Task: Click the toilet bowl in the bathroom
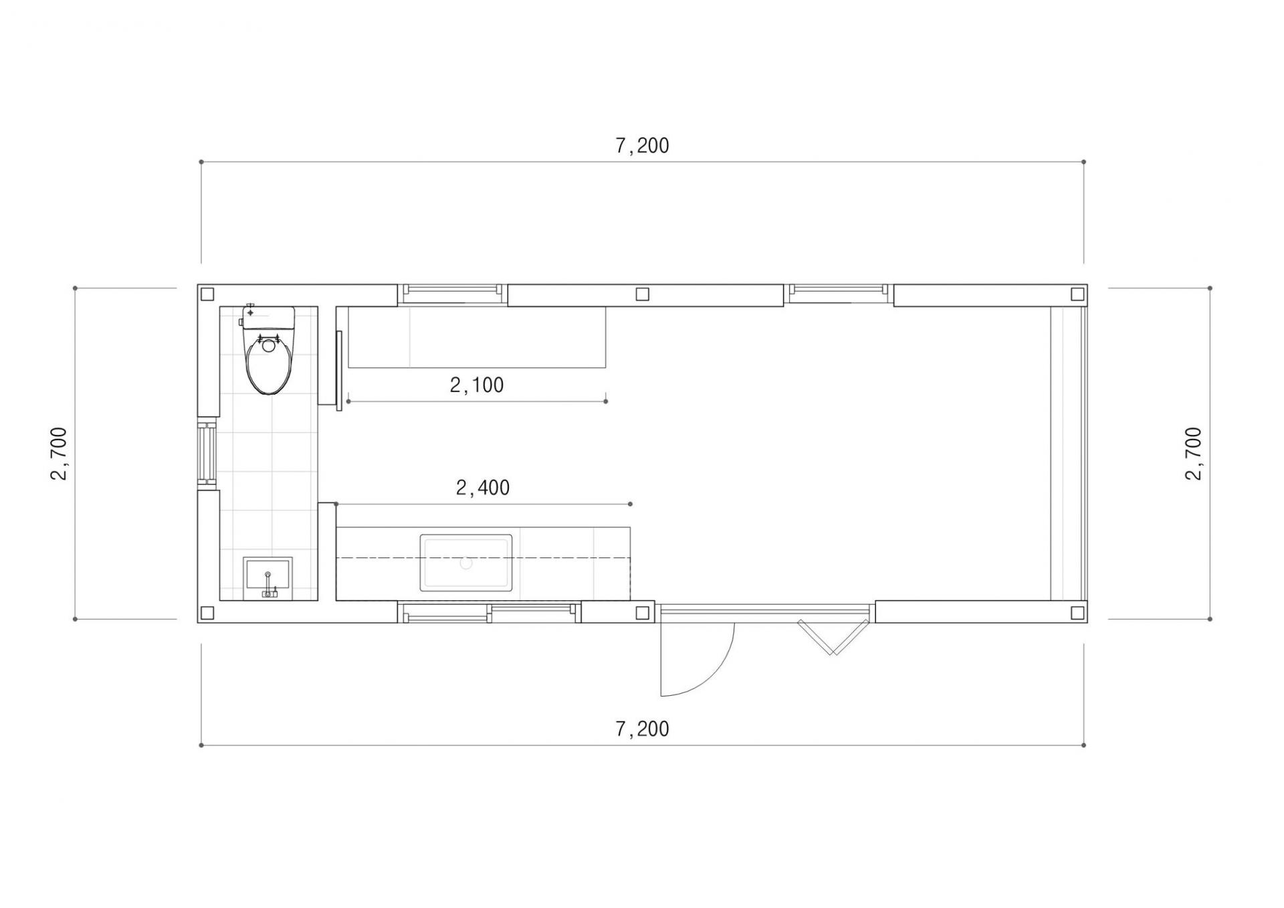270,364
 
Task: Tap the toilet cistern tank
268,317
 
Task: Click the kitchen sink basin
466,563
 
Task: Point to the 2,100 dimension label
477,385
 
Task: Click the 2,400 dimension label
483,487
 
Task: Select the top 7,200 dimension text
642,145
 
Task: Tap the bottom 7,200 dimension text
642,728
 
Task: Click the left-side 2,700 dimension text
59,454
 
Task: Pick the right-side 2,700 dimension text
1193,454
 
